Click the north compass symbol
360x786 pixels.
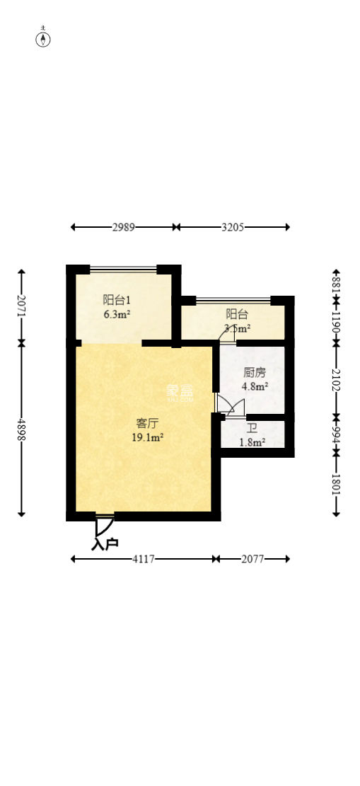pos(44,38)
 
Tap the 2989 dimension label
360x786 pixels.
pos(124,227)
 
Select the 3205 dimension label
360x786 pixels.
pos(233,227)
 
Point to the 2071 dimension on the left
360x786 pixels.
pos(21,306)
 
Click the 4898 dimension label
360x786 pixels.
pos(21,428)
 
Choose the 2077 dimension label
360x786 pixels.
pos(252,559)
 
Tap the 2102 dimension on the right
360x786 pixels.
pos(336,380)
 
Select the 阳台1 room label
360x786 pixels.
pos(116,299)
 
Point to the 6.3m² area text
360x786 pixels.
pos(117,314)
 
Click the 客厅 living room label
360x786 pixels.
pos(147,423)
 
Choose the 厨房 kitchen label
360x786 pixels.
pos(255,372)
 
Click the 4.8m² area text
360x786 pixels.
pos(255,386)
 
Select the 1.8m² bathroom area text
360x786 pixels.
pos(252,443)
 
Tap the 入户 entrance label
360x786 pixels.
pos(105,544)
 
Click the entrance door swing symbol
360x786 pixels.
pos(104,526)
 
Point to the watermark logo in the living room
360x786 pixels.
pos(180,392)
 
